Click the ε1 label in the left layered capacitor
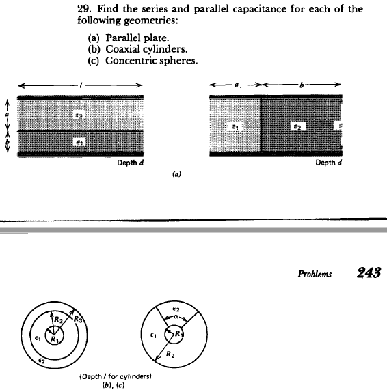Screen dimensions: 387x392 tap(79, 141)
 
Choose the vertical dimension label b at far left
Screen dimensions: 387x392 tap(8, 143)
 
